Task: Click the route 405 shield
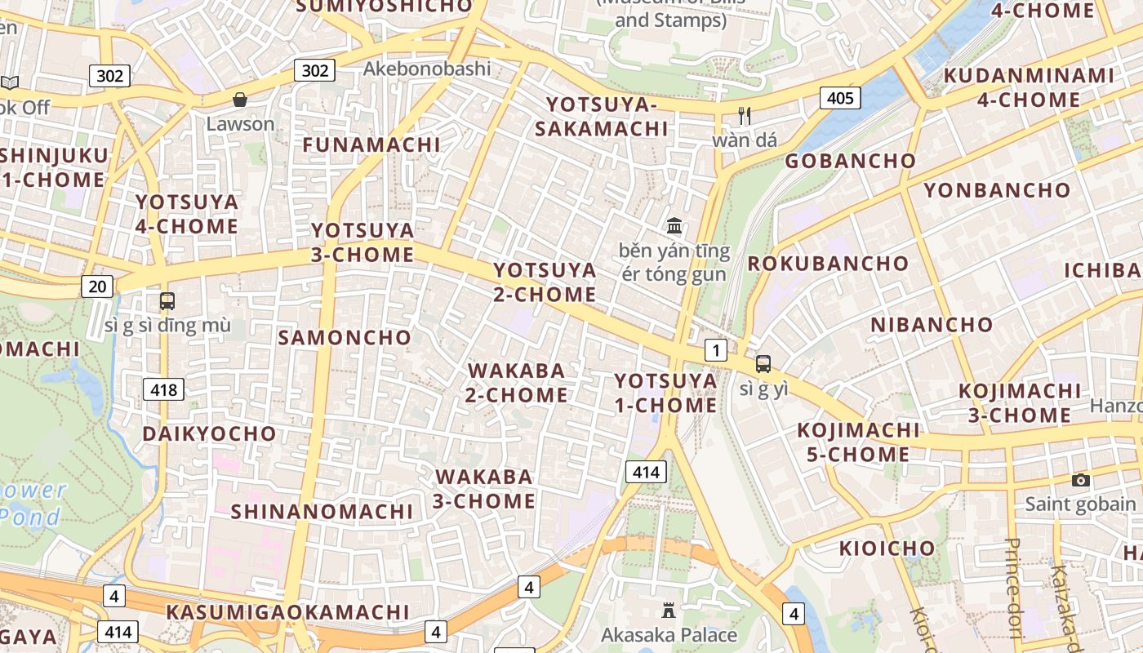coord(839,99)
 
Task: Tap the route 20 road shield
coord(97,286)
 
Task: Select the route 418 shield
coord(163,389)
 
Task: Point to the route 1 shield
coord(715,351)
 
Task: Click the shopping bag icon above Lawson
coord(240,100)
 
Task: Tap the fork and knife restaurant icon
coord(744,115)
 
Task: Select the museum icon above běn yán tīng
coord(674,225)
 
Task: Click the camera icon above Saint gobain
coord(1080,480)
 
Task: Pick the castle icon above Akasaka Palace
coord(669,610)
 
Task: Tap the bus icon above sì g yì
coord(763,364)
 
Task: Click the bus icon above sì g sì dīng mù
coord(167,301)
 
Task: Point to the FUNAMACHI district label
coord(371,145)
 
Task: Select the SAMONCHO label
coord(345,337)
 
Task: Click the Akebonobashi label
coord(427,69)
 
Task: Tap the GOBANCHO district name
coord(850,161)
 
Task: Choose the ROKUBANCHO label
coord(828,264)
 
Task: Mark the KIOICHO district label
coord(887,548)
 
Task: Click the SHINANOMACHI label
coord(322,512)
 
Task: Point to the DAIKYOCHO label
coord(209,433)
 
